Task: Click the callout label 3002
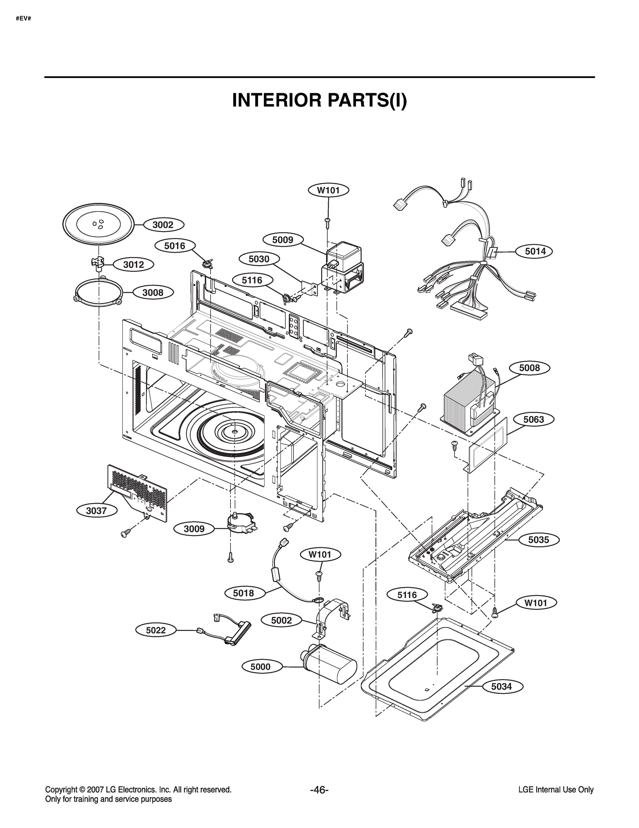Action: pyautogui.click(x=163, y=225)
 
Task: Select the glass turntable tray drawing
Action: pyautogui.click(x=98, y=225)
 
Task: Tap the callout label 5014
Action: pyautogui.click(x=535, y=251)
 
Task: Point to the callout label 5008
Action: pyautogui.click(x=529, y=367)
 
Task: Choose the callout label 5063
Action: pyautogui.click(x=533, y=419)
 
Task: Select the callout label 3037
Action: pyautogui.click(x=96, y=511)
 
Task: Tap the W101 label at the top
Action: pyautogui.click(x=328, y=190)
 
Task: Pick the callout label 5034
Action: pyautogui.click(x=501, y=686)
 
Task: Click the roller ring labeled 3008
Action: pyautogui.click(x=98, y=293)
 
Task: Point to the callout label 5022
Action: pyautogui.click(x=156, y=630)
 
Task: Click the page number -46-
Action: pyautogui.click(x=319, y=790)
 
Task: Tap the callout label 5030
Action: pyautogui.click(x=259, y=259)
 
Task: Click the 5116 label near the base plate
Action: pyautogui.click(x=407, y=595)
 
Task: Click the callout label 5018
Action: pyautogui.click(x=244, y=593)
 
